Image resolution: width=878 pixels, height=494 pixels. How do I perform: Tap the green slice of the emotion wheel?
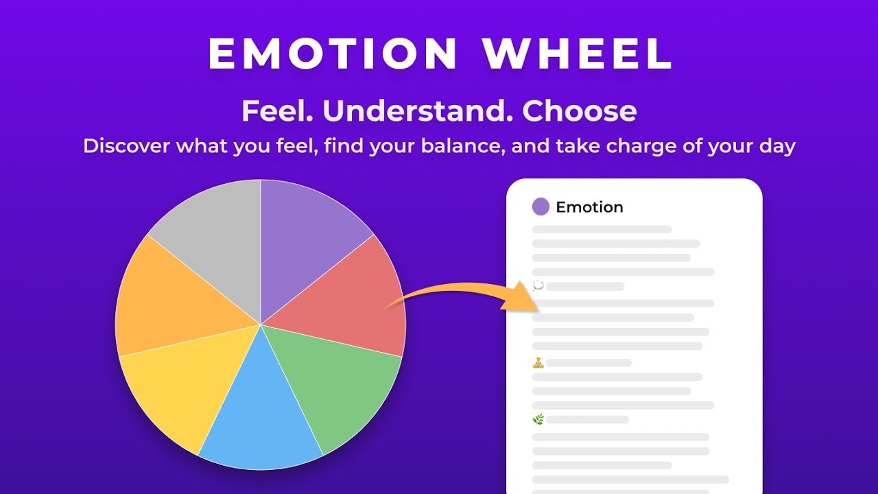point(336,384)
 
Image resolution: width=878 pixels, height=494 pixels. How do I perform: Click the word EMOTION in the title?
point(333,54)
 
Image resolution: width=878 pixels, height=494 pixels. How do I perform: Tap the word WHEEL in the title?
point(577,54)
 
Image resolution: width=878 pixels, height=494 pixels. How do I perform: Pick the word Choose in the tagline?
point(579,110)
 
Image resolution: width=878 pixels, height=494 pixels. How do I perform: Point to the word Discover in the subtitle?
point(127,146)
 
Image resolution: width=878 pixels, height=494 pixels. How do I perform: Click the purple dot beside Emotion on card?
point(541,207)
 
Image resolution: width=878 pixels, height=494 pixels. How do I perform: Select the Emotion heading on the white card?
point(589,207)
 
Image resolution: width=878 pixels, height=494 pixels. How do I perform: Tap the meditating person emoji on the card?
point(538,363)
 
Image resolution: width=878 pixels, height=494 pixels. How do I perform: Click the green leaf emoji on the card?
point(538,419)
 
